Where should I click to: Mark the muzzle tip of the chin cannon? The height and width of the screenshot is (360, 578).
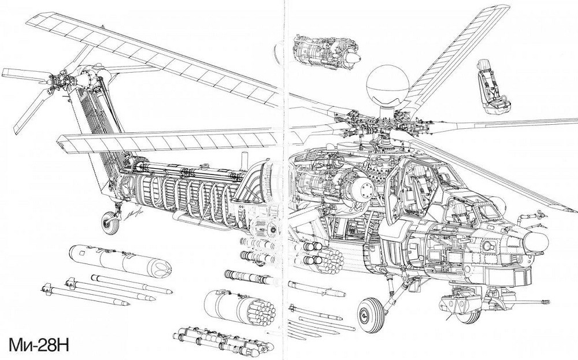[547, 301]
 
